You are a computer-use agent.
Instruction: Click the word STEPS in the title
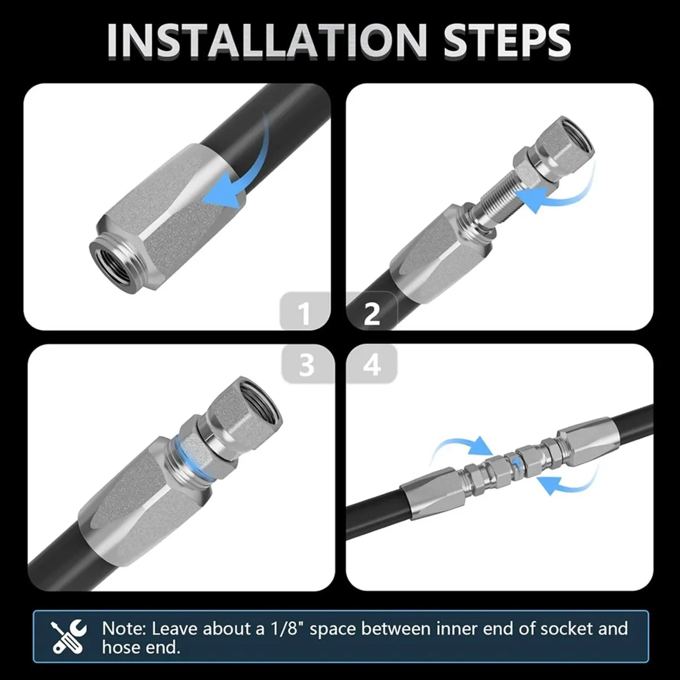(507, 41)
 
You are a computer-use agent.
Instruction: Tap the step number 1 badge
(305, 312)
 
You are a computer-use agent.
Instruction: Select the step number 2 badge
(372, 312)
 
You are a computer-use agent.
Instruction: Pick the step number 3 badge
(307, 364)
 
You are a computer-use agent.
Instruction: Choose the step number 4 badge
(372, 364)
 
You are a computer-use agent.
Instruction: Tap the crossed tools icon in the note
(69, 636)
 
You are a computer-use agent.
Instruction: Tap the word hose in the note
(121, 648)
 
